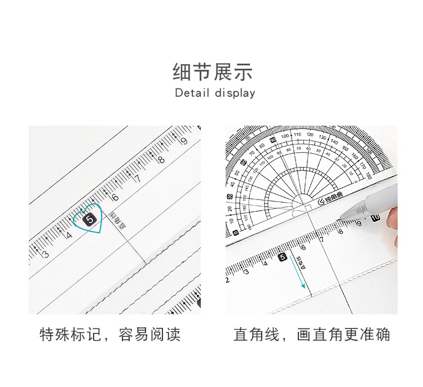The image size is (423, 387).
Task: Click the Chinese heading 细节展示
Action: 212,72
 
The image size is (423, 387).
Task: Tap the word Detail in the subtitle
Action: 192,93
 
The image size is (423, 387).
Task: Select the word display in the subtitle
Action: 235,94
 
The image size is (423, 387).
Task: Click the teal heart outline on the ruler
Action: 89,219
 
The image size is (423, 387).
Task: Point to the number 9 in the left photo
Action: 183,141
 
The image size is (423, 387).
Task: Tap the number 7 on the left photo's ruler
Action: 137,178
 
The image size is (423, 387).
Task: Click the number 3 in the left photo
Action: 46,254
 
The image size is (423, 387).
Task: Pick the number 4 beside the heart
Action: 69,234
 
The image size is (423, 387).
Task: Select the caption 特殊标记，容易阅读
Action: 110,335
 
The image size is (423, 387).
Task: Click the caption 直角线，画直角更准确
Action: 312,335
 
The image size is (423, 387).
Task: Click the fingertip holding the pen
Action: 392,219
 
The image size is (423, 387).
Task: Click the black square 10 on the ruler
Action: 376,218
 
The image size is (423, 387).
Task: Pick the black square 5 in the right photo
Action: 283,257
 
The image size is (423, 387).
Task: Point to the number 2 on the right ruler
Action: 228,280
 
